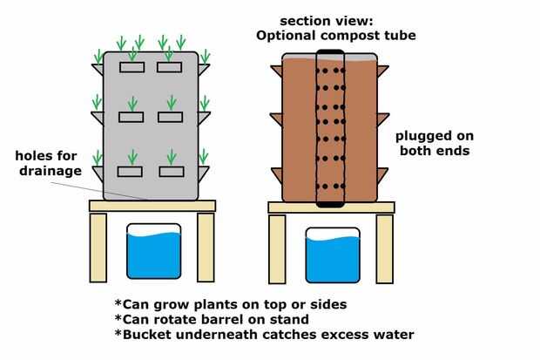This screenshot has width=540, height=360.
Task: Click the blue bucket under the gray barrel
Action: [x=154, y=252]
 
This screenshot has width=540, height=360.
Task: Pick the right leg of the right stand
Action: [x=384, y=248]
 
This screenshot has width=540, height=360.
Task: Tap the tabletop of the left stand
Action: [x=152, y=206]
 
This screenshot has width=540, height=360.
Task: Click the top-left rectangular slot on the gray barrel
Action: [x=132, y=66]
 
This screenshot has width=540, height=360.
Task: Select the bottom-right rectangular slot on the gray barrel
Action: [x=170, y=171]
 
